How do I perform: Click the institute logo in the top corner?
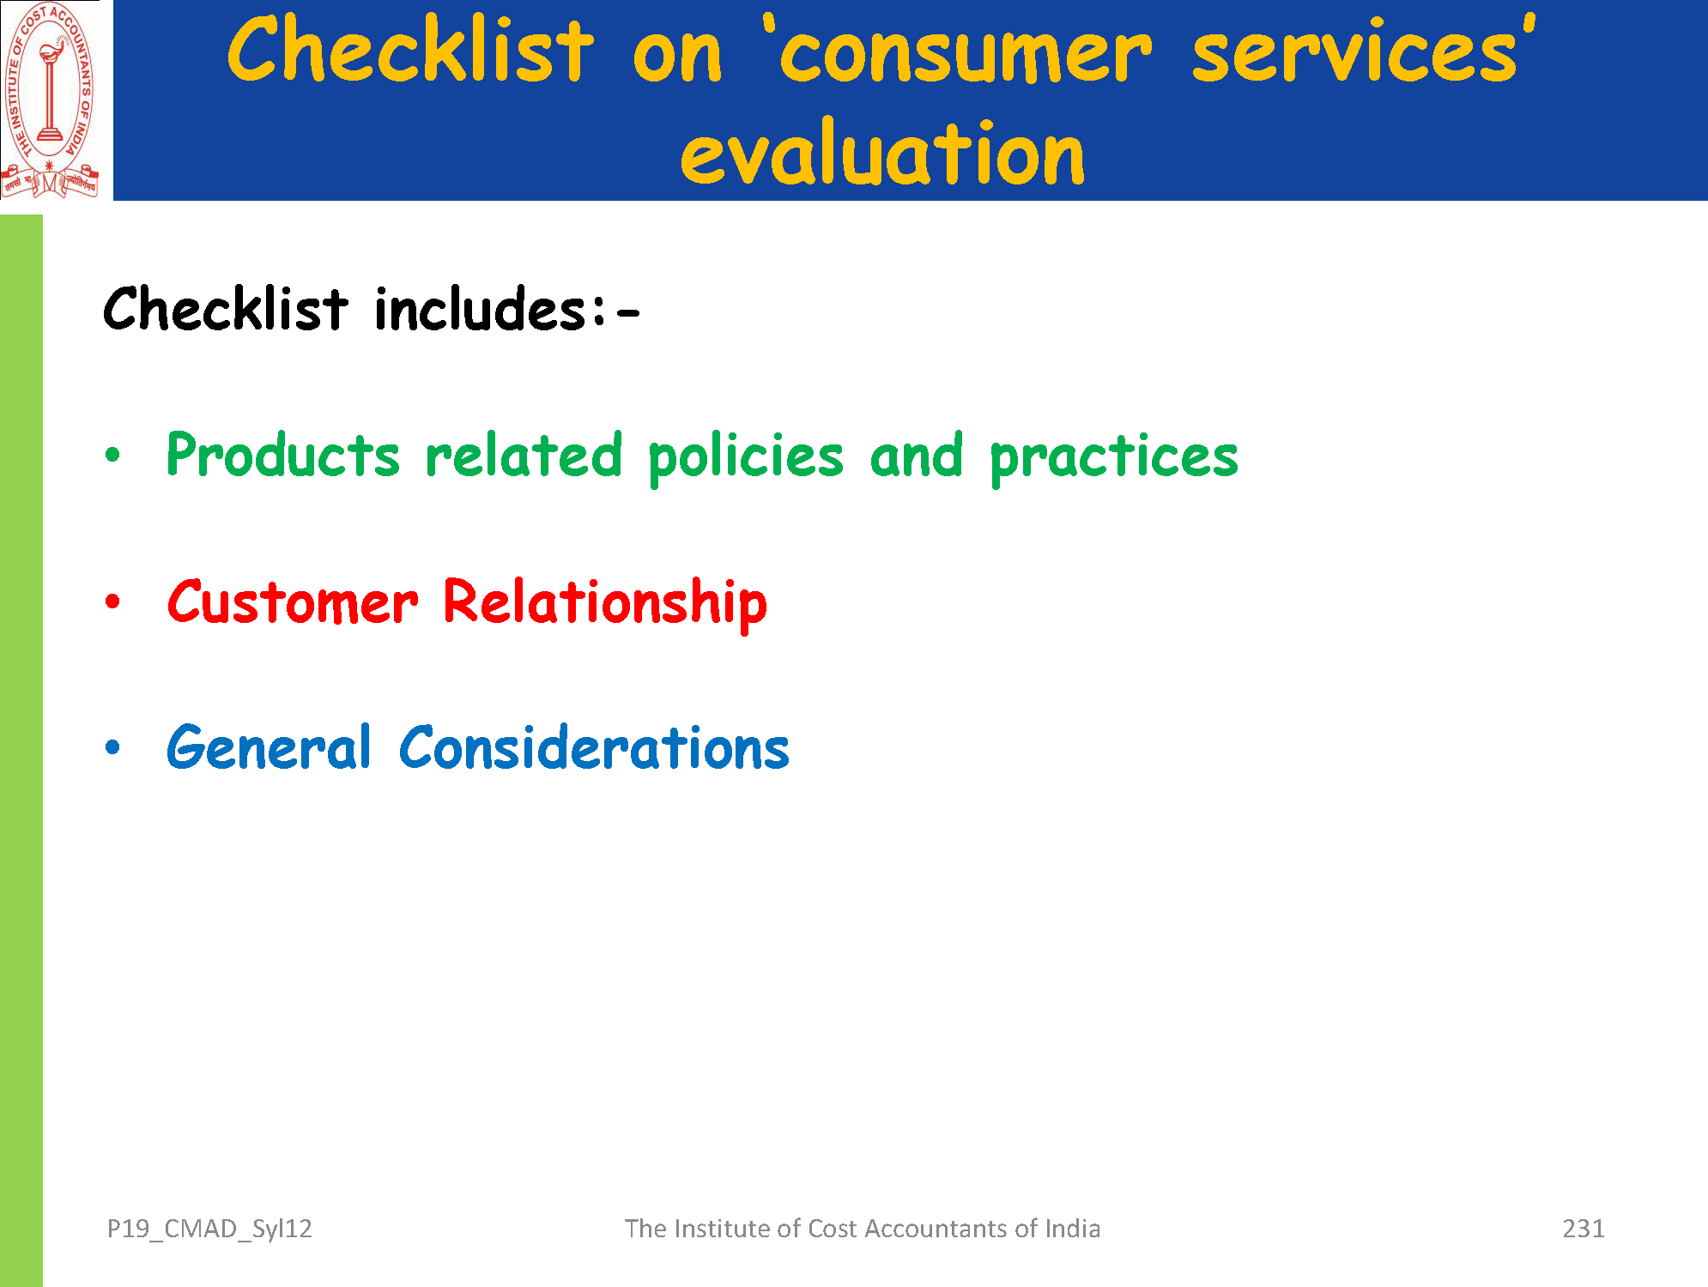pos(50,100)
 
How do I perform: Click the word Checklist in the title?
pos(410,50)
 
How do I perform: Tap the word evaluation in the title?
pos(882,152)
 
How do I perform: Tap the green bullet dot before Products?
pos(112,455)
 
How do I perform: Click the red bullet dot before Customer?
pos(112,601)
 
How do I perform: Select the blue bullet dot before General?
pos(112,747)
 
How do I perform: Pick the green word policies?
pos(746,458)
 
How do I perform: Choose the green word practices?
pos(1114,458)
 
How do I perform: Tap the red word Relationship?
pos(605,605)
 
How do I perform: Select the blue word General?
pos(269,746)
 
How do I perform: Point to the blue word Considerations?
pos(594,746)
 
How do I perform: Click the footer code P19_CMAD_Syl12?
pos(209,1230)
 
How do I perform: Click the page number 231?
pos(1584,1229)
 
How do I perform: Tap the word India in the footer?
pos(1072,1229)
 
